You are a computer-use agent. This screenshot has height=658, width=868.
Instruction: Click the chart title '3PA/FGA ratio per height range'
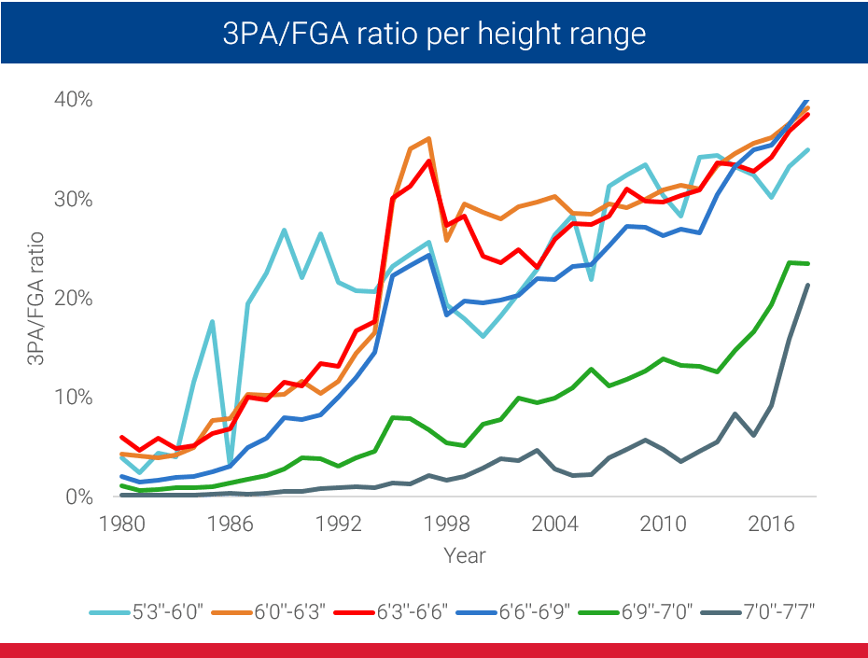(433, 34)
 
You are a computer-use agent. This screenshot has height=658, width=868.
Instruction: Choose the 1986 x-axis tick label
(230, 521)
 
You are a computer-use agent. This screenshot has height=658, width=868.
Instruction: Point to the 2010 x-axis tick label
(663, 521)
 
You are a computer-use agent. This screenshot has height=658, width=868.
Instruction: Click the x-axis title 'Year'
(464, 554)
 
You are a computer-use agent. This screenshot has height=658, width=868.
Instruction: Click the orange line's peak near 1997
(427, 139)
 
